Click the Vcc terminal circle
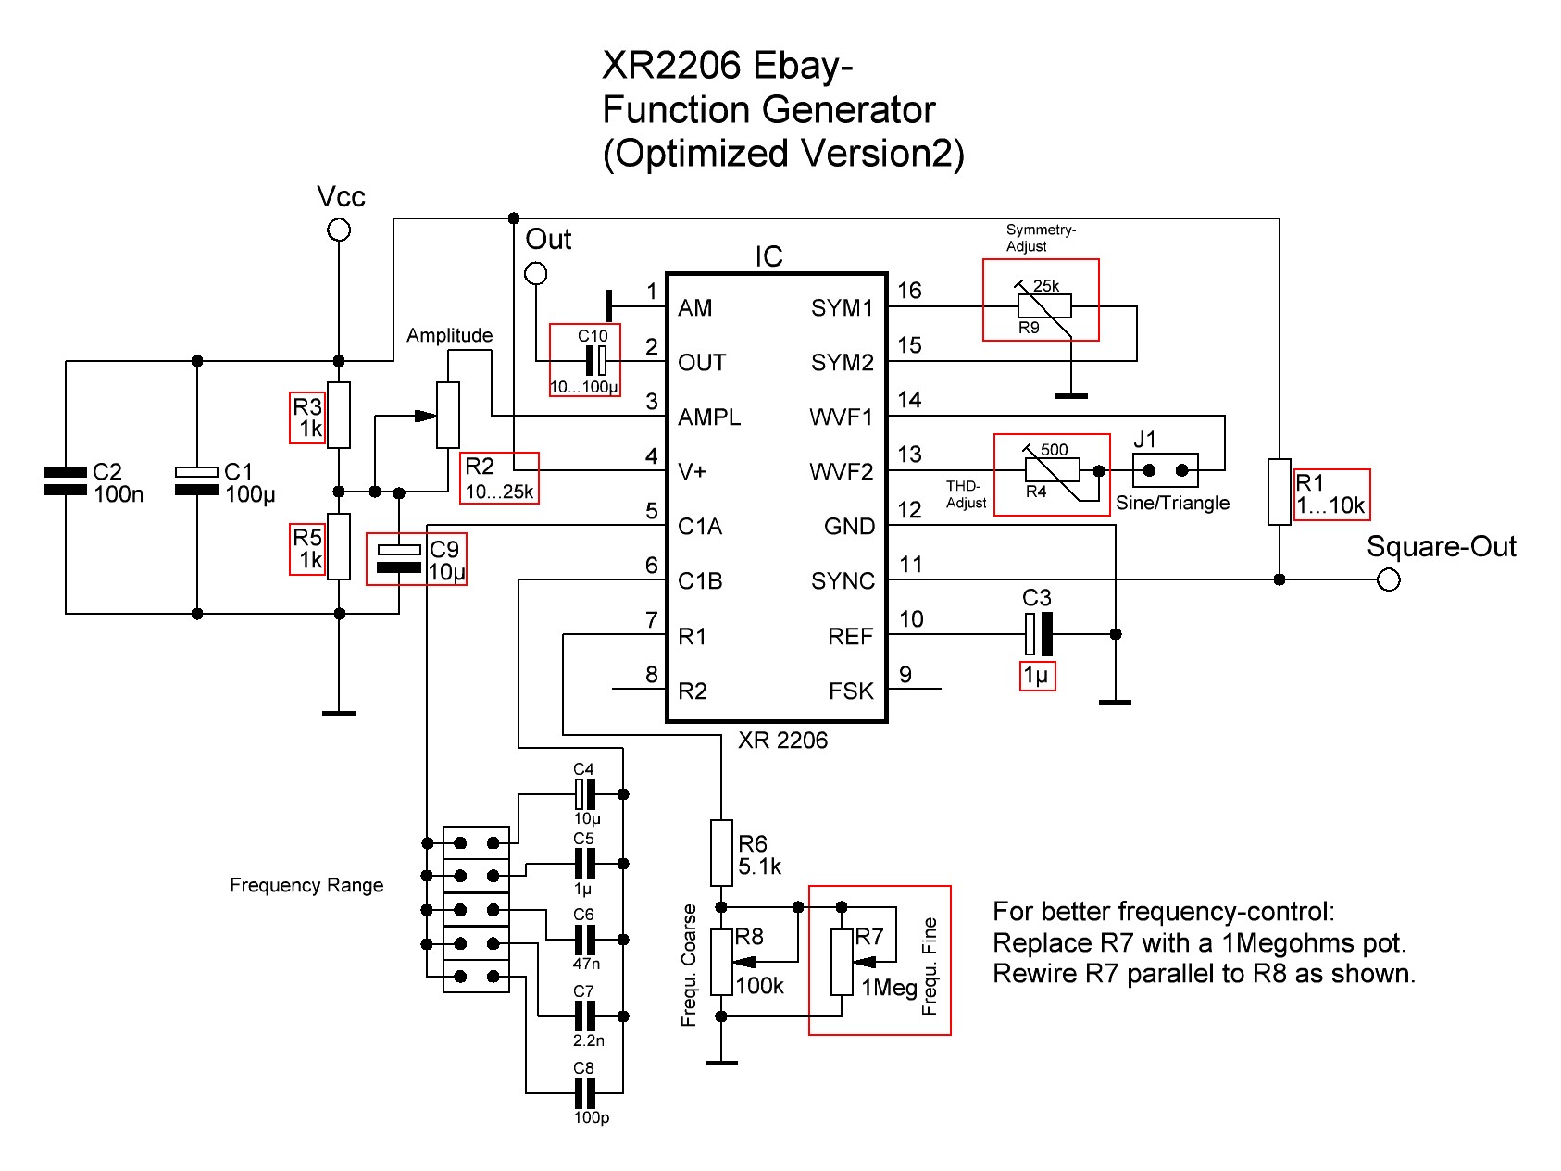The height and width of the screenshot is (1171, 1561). [x=339, y=230]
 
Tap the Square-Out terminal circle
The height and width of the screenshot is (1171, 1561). [x=1388, y=580]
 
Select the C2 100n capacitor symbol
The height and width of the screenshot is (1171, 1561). [x=65, y=480]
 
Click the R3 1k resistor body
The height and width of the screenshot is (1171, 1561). [x=339, y=416]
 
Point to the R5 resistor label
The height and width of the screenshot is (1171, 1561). [x=307, y=549]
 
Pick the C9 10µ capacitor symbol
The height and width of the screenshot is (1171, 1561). [x=399, y=558]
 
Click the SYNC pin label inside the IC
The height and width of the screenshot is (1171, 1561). [x=843, y=581]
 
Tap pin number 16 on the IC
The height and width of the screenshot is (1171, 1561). [x=909, y=291]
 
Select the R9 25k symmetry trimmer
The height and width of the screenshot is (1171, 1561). [x=1044, y=305]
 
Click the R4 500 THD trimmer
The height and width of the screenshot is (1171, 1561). [x=1053, y=470]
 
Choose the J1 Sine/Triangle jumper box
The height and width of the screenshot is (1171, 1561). [x=1166, y=470]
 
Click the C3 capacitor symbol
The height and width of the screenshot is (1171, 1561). [x=1038, y=634]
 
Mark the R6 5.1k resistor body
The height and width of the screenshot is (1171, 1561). [x=721, y=853]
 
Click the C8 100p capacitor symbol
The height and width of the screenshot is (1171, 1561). [x=584, y=1093]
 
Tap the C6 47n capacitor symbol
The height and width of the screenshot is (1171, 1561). [x=584, y=940]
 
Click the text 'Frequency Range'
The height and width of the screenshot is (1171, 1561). [x=306, y=886]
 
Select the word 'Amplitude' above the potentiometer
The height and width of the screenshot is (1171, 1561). [x=449, y=335]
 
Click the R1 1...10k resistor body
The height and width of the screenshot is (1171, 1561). [x=1279, y=492]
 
